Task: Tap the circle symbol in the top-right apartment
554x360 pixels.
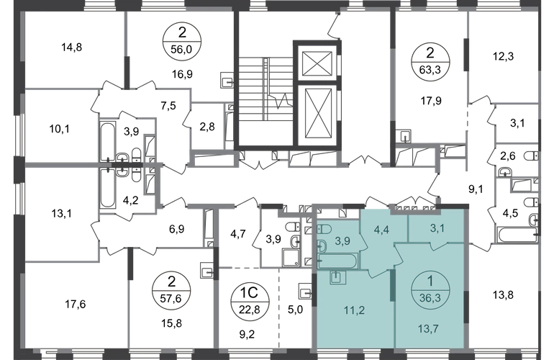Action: click(x=423, y=60)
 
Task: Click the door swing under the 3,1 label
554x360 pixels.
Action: click(x=436, y=247)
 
